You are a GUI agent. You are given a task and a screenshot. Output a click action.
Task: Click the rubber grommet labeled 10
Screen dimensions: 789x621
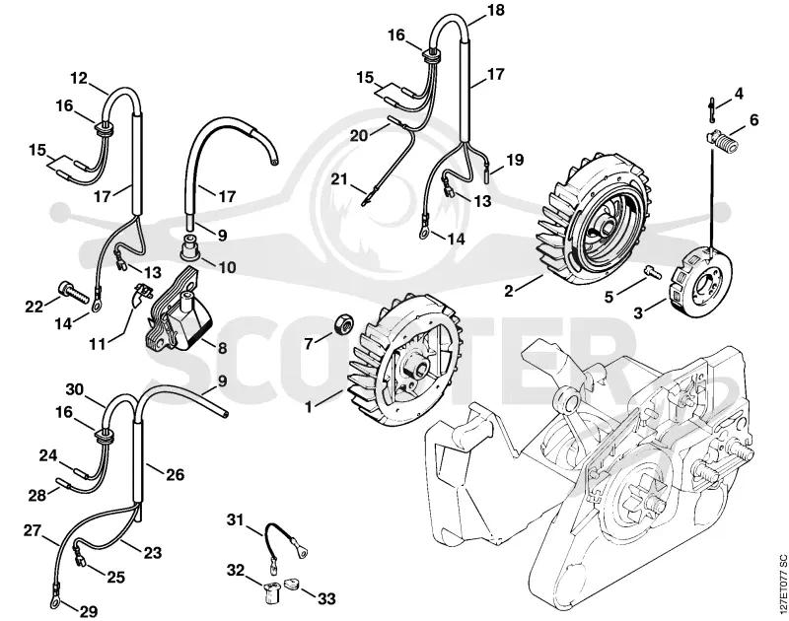tap(190, 247)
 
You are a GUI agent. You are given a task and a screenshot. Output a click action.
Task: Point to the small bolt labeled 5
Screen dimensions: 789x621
tap(653, 272)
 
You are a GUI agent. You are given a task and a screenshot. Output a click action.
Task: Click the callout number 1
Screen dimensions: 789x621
tap(309, 406)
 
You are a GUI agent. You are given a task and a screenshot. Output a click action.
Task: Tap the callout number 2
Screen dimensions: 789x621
tap(509, 290)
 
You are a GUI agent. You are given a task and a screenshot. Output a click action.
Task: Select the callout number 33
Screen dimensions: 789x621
tap(326, 598)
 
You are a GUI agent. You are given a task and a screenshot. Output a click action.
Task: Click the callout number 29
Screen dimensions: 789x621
tap(88, 611)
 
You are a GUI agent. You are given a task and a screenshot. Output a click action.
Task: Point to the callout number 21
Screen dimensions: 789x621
tap(339, 179)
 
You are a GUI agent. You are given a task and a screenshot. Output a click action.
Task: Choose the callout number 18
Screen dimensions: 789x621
tap(495, 10)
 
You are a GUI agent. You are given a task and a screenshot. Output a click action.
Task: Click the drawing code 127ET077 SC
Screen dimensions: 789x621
tap(781, 584)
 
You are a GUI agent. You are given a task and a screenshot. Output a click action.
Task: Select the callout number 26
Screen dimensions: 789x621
tap(175, 474)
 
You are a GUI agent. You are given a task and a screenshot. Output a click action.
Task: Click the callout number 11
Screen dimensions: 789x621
tap(97, 344)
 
